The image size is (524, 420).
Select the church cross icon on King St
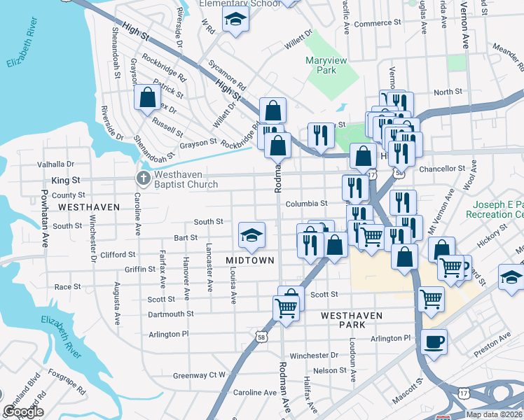[143, 178]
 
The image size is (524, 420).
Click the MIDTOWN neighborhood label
[250, 260]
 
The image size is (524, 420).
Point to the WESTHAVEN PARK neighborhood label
[352, 316]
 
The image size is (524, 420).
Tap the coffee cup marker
[434, 342]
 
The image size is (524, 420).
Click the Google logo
[23, 412]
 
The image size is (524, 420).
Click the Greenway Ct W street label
[200, 375]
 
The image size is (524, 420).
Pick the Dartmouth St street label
[170, 314]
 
